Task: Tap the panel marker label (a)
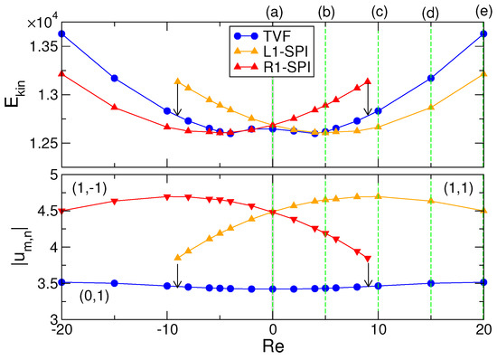click(x=273, y=12)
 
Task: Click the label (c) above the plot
click(x=379, y=12)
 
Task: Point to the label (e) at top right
click(x=484, y=12)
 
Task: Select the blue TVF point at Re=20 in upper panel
click(x=484, y=33)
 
